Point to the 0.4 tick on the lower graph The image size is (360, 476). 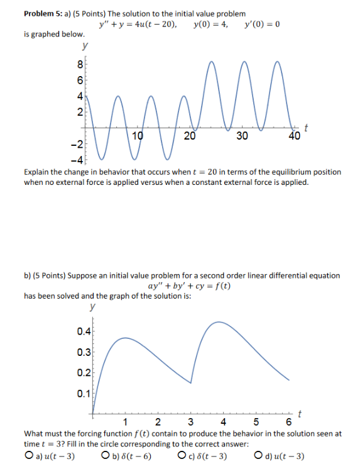(x=83, y=331)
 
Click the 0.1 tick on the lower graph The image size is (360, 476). (x=83, y=394)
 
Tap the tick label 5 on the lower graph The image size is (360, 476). (x=256, y=422)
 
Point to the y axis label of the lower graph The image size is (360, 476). (x=92, y=307)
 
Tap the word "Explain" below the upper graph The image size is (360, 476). (x=37, y=172)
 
